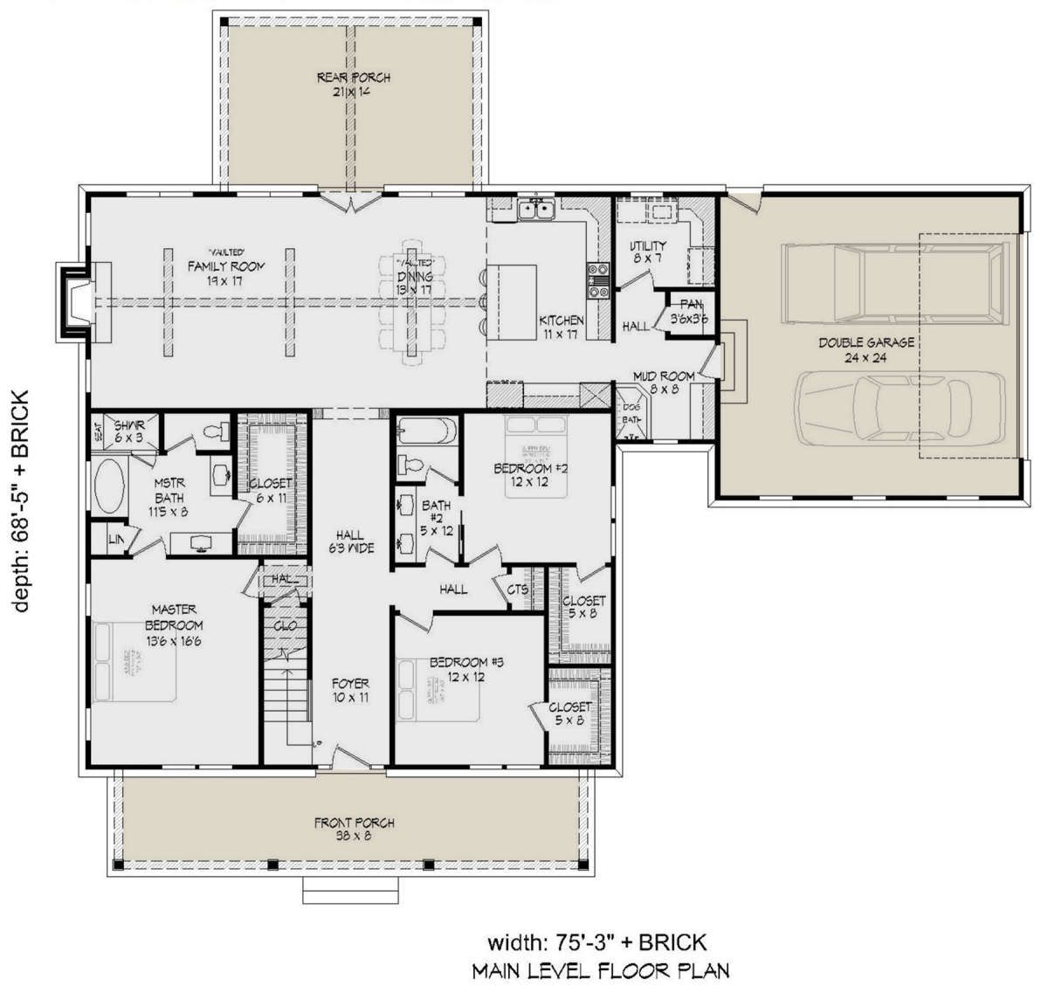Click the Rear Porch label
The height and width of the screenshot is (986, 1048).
pos(353,85)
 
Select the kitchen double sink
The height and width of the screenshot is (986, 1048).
pos(536,209)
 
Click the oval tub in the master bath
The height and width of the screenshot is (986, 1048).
pos(109,486)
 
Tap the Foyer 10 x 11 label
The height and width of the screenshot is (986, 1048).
pos(349,691)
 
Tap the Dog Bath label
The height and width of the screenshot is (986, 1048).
pos(629,413)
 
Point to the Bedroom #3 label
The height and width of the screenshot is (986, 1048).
pos(460,669)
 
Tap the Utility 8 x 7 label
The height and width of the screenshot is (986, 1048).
pos(648,252)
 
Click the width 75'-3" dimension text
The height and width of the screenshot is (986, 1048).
pos(596,941)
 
